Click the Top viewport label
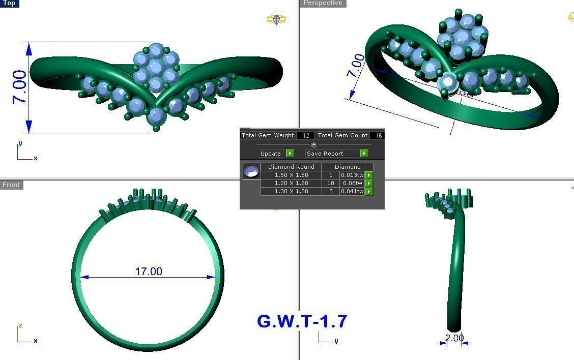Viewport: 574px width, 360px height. (9, 4)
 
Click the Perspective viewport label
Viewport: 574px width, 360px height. (323, 4)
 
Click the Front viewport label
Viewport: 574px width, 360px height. (11, 185)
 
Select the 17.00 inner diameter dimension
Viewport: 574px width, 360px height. (149, 272)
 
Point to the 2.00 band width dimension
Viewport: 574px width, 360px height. (454, 338)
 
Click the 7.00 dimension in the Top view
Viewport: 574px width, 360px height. (19, 87)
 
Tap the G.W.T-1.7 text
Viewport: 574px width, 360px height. (302, 321)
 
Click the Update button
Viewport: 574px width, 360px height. (276, 153)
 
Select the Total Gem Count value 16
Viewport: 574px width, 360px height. (378, 135)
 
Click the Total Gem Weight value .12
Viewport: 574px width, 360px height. (305, 135)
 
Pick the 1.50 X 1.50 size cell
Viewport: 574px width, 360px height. (291, 175)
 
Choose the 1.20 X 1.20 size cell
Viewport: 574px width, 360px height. (291, 183)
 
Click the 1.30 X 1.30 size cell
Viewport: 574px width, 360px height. (291, 191)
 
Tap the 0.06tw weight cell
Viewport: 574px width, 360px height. (352, 183)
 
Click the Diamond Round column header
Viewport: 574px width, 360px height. (291, 167)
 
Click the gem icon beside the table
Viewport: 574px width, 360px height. (251, 171)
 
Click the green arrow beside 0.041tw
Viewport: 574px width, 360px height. (369, 191)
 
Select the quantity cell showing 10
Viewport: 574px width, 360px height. (330, 183)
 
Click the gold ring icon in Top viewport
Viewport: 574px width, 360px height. (276, 20)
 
